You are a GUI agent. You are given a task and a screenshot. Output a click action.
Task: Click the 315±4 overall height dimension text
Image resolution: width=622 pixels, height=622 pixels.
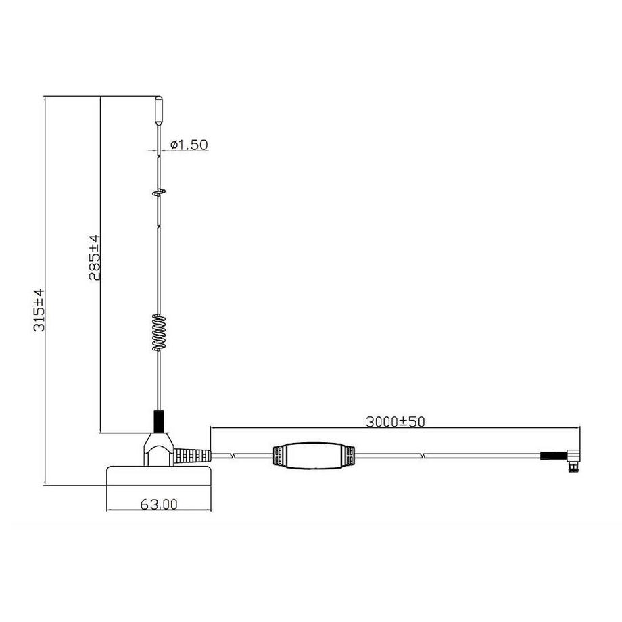[x=39, y=310]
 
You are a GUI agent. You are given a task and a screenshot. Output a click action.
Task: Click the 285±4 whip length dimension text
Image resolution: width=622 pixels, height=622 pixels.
[x=94, y=258]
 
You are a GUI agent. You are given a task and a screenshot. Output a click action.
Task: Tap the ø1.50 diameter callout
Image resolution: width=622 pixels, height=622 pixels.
[x=189, y=144]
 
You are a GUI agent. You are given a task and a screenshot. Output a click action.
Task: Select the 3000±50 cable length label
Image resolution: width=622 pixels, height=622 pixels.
[x=395, y=421]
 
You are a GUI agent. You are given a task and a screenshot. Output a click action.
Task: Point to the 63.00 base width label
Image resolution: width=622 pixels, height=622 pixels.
[x=158, y=504]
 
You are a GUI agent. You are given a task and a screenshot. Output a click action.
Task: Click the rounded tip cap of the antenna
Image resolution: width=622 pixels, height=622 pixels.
[x=158, y=110]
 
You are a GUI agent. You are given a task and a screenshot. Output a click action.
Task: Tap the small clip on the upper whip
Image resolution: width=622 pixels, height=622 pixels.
[x=159, y=193]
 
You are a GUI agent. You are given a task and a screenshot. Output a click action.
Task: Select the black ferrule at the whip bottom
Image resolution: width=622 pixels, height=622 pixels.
[x=160, y=421]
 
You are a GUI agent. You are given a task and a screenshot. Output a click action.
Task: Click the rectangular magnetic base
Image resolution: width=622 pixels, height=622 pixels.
[x=160, y=476]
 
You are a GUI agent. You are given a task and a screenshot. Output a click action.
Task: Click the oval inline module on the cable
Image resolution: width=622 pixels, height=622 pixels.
[x=313, y=456]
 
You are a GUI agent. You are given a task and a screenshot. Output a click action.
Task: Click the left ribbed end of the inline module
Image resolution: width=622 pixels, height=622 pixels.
[x=277, y=456]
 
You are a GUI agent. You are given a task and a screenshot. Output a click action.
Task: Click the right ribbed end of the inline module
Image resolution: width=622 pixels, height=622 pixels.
[x=349, y=456]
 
